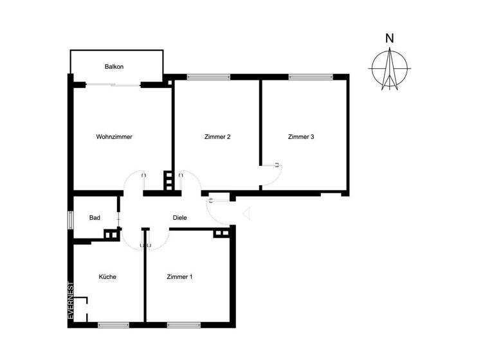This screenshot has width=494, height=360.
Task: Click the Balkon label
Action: (x=114, y=66)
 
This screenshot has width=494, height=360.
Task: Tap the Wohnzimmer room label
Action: (x=114, y=136)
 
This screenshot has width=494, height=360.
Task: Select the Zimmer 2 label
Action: (x=217, y=136)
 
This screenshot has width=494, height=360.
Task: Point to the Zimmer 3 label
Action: (x=301, y=136)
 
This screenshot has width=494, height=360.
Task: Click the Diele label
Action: (x=180, y=218)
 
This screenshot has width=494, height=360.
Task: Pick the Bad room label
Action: (x=95, y=218)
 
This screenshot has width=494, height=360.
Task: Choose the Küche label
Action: (x=107, y=277)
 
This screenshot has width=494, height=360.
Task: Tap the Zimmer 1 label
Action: (x=179, y=277)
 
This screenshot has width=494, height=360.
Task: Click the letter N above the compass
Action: (x=389, y=38)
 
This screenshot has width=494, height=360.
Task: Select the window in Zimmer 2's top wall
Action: (x=208, y=77)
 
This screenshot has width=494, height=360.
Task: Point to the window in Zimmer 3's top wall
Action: (x=310, y=77)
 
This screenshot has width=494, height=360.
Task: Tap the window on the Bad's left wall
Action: (x=70, y=218)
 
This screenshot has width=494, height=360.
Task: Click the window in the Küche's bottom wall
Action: (x=114, y=325)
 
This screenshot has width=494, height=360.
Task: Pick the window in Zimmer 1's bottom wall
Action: (x=183, y=325)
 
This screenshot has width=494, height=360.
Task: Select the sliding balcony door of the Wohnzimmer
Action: (x=114, y=85)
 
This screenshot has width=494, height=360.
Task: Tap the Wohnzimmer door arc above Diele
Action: (x=134, y=180)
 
